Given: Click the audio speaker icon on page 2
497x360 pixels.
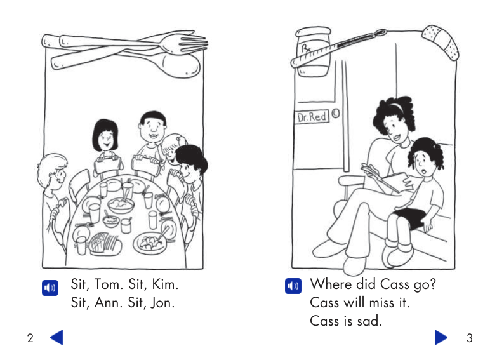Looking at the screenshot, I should coord(50,288).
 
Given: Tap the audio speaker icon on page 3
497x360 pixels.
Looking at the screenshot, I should coord(293,285).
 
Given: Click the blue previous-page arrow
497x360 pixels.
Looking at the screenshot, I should coord(56,337).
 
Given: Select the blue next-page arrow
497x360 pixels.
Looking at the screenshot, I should coord(441,337).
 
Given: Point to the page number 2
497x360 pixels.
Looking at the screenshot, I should coord(30,338).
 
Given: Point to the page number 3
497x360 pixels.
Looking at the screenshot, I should coord(470,338).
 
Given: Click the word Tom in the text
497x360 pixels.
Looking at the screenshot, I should coord(109,284).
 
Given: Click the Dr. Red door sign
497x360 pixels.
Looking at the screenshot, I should coord(313,117).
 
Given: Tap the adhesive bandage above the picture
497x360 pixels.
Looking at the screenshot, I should coord(441,41).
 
